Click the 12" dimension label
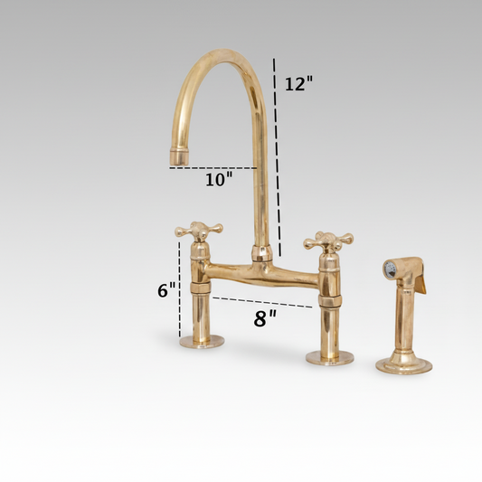point(298,84)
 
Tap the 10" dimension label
point(218,179)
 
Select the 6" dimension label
point(165,290)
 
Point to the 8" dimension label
point(264,317)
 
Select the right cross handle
point(327,241)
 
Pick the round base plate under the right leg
point(329,357)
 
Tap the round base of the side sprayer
point(403,364)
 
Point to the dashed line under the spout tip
point(213,168)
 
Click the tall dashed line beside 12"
point(276,154)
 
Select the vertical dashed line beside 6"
point(180,289)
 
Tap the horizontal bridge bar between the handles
point(262,272)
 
